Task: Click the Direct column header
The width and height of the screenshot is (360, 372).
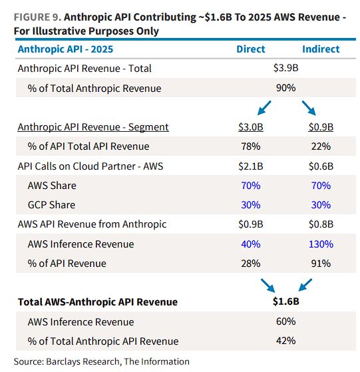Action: [x=251, y=49]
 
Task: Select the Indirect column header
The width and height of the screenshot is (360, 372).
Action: [x=321, y=49]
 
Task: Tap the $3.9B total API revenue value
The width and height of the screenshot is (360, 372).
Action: [x=285, y=68]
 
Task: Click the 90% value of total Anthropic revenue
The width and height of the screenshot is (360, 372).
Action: [x=285, y=88]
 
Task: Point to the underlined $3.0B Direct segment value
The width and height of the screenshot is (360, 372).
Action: [x=251, y=127]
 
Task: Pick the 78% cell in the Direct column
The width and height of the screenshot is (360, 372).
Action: [x=251, y=146]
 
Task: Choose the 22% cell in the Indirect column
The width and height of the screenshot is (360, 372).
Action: [x=321, y=146]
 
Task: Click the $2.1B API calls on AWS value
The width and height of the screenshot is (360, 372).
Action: [x=251, y=166]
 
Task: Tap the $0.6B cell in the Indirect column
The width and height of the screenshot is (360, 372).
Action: [x=321, y=166]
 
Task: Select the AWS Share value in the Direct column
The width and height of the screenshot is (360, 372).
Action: [x=251, y=186]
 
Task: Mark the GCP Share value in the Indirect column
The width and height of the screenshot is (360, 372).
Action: [x=321, y=205]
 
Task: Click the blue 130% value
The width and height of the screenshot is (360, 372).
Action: [x=321, y=244]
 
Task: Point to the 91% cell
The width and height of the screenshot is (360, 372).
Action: [x=321, y=264]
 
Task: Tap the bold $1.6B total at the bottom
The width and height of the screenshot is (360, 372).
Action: [x=285, y=301]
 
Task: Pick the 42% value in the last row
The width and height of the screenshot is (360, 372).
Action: [x=285, y=341]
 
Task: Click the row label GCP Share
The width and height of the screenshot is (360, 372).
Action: [x=51, y=205]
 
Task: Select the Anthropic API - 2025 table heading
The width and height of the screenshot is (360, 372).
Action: [x=65, y=49]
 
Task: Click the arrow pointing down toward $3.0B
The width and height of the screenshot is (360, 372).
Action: [x=264, y=108]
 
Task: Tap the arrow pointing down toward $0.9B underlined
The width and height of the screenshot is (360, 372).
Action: [x=309, y=108]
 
